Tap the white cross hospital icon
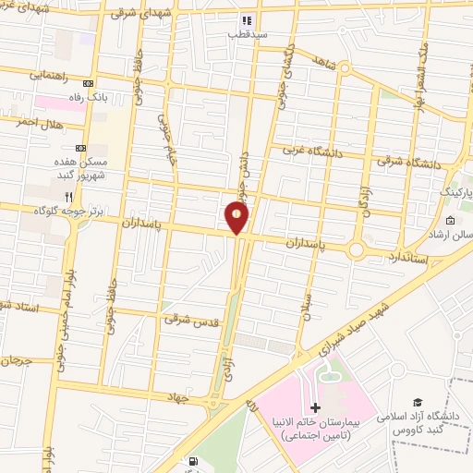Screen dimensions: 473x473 point(314,407)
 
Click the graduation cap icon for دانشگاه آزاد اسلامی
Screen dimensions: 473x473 point(418,403)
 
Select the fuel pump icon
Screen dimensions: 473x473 point(191,462)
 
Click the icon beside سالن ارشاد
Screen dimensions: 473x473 point(450,221)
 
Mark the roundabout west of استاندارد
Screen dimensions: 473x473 point(357,250)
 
